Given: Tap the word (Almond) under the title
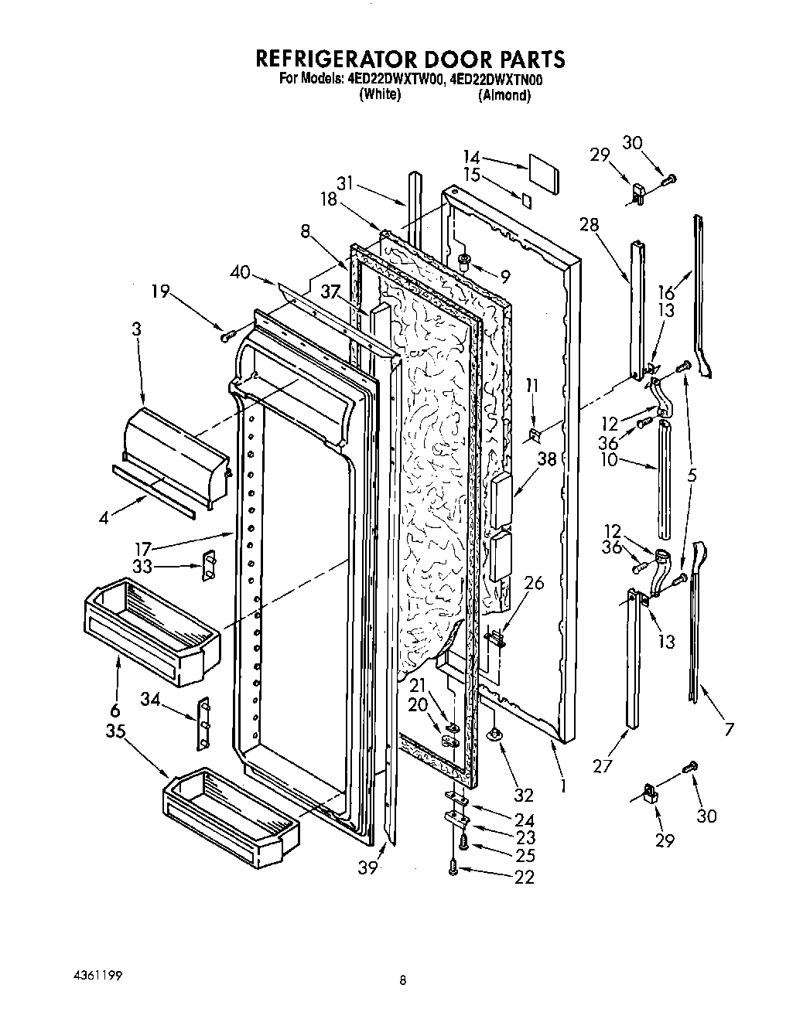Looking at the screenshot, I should pyautogui.click(x=504, y=96).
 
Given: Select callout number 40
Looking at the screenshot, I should pyautogui.click(x=240, y=271).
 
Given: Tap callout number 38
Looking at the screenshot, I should pyautogui.click(x=547, y=458).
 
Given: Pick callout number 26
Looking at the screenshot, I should pyautogui.click(x=533, y=584).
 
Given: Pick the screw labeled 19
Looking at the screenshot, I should pyautogui.click(x=227, y=336).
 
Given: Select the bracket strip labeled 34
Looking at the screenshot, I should pyautogui.click(x=204, y=722).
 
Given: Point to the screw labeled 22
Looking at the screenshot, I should pyautogui.click(x=453, y=870).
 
